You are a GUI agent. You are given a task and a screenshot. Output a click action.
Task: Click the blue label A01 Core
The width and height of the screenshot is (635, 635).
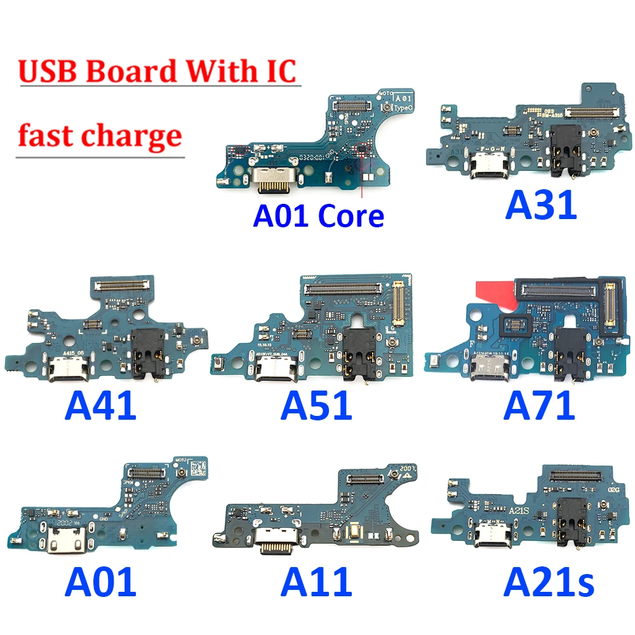(x=318, y=216)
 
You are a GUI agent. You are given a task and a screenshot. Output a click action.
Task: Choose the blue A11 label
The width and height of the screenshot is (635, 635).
(x=316, y=582)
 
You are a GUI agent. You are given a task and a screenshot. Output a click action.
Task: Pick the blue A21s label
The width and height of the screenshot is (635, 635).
(x=549, y=582)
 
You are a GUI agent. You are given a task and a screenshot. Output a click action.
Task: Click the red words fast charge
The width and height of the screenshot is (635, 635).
(x=100, y=135)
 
